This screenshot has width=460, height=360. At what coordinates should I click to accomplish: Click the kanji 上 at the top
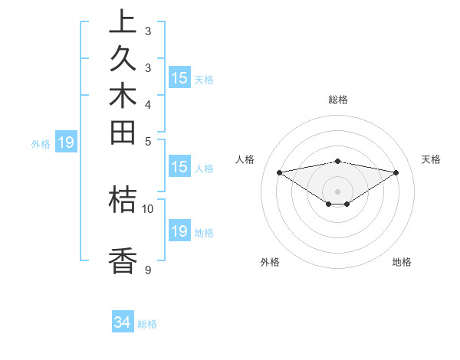[x=123, y=22]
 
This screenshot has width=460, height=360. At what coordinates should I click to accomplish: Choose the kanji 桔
[x=123, y=199]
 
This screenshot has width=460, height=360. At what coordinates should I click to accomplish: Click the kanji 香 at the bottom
[x=123, y=261]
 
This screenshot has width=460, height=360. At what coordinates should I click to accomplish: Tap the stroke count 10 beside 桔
[x=148, y=208]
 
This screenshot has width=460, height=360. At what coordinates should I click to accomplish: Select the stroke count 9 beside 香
[x=147, y=270]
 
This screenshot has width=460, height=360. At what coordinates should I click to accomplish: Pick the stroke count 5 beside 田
[x=147, y=141]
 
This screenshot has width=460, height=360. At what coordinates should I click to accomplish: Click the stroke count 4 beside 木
[x=147, y=104]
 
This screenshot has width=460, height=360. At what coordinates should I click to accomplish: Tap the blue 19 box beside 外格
[x=66, y=142]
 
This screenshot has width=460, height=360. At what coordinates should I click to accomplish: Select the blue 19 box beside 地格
[x=179, y=231]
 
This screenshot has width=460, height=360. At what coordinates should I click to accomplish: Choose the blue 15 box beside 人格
[x=179, y=167]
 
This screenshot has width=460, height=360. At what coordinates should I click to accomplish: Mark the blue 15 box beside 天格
[x=179, y=77]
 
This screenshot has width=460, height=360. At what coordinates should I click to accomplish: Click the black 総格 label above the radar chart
[x=338, y=100]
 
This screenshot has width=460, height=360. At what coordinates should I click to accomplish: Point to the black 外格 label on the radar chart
[x=270, y=262]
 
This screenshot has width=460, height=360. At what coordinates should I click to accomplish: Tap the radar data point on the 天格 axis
[x=396, y=172]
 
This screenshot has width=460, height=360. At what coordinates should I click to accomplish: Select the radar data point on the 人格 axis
[x=280, y=172]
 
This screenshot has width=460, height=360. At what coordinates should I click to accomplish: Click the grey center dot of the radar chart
[x=338, y=191]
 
